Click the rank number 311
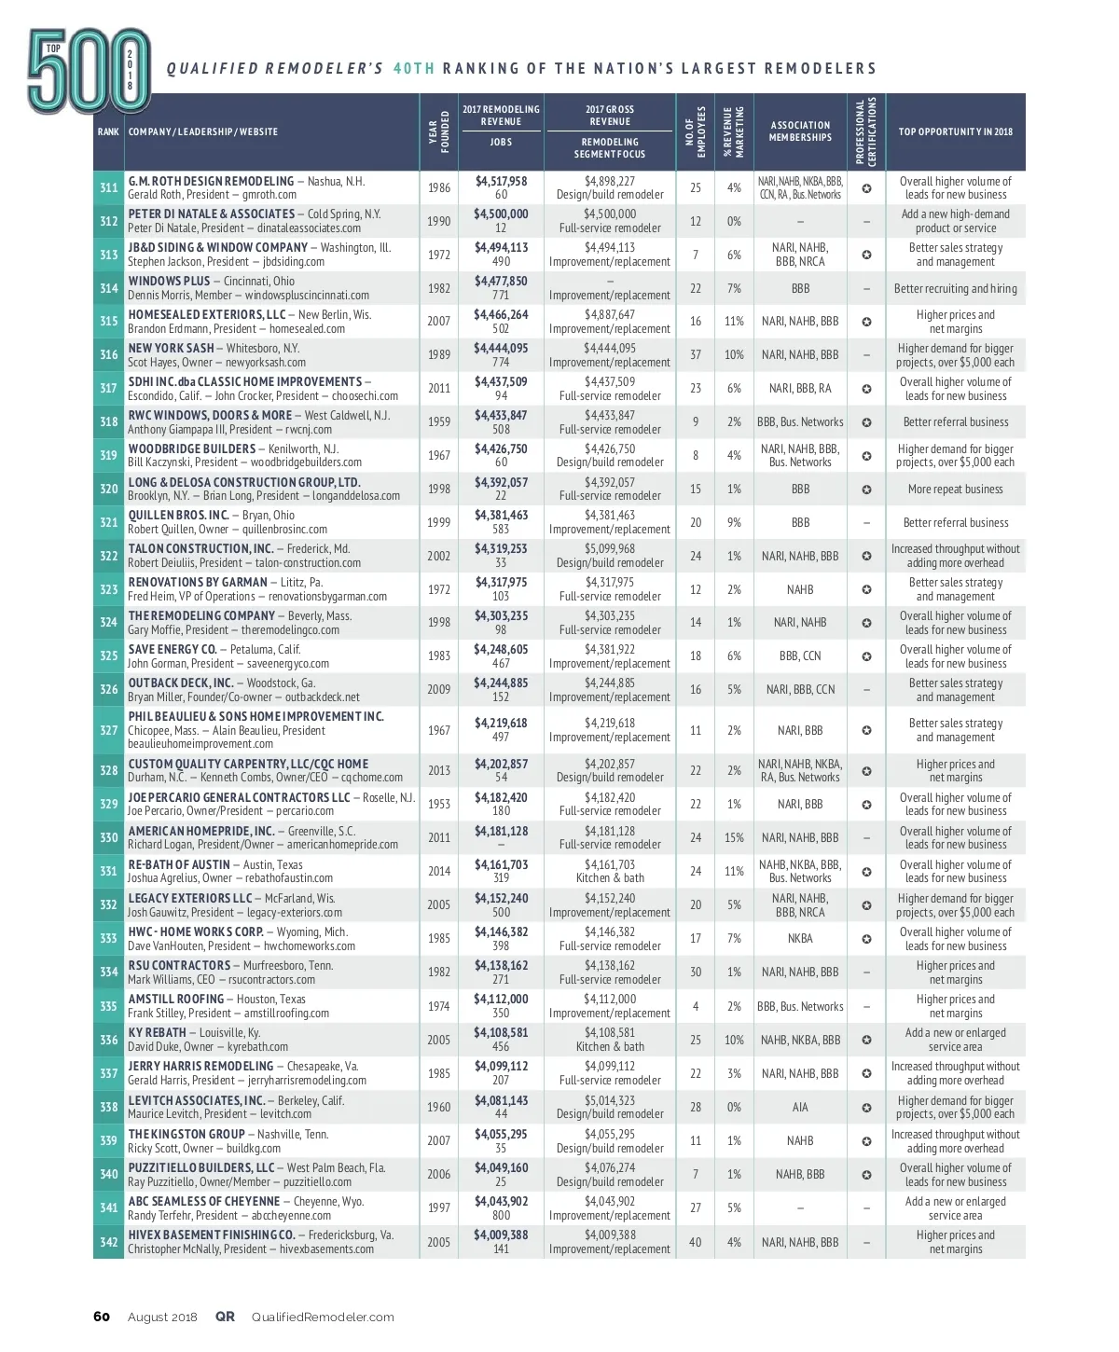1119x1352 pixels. [108, 187]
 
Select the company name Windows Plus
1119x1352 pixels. [169, 281]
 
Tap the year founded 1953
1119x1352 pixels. [438, 804]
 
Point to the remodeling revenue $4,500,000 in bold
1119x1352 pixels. [501, 214]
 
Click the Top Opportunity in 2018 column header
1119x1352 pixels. [955, 131]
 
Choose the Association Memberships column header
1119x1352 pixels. [800, 131]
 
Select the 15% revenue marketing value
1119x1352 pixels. [734, 837]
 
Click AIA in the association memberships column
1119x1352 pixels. [800, 1107]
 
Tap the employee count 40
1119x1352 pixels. [696, 1242]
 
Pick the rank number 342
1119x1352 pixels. [108, 1242]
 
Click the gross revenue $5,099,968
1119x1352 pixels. [610, 549]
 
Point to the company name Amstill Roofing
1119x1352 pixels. [176, 999]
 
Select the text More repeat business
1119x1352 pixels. [955, 489]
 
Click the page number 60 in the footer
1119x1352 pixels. [102, 1317]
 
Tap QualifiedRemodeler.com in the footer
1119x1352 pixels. [323, 1317]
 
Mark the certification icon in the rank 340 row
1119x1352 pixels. [866, 1175]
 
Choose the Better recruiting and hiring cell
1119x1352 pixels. [955, 288]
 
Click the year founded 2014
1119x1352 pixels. [438, 871]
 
